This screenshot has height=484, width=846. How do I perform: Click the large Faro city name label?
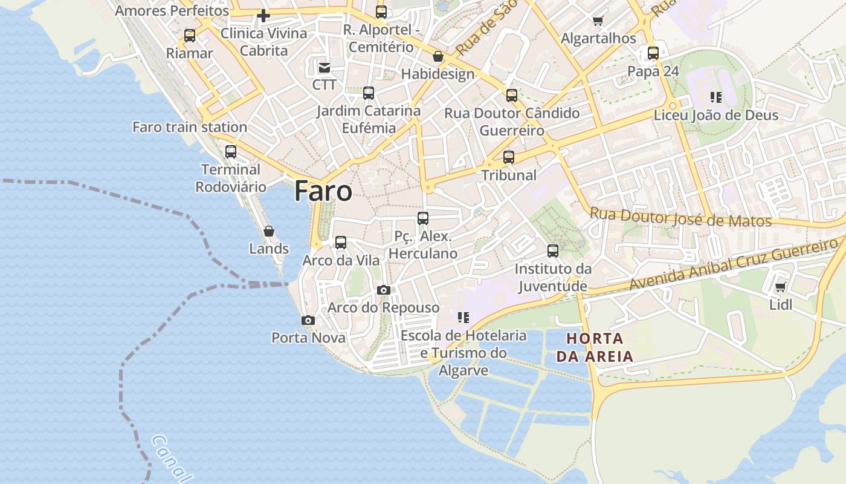pyautogui.click(x=323, y=191)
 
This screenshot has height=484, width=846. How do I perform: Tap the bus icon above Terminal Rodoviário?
pyautogui.click(x=231, y=152)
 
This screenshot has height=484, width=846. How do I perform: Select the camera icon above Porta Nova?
pyautogui.click(x=308, y=320)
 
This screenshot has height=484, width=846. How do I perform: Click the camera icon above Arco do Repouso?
pyautogui.click(x=383, y=290)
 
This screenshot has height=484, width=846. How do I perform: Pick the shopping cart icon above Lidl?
pyautogui.click(x=780, y=287)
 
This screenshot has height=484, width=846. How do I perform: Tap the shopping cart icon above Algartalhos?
pyautogui.click(x=598, y=21)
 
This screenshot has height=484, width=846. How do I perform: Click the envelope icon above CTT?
pyautogui.click(x=325, y=67)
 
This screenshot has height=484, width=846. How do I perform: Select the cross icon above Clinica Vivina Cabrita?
pyautogui.click(x=263, y=16)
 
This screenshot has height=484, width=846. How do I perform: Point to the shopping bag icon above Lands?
pyautogui.click(x=269, y=231)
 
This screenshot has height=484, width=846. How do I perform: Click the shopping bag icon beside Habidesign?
pyautogui.click(x=438, y=56)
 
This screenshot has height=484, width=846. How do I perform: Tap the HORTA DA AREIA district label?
pyautogui.click(x=595, y=347)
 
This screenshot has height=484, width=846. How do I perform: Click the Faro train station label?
pyautogui.click(x=190, y=127)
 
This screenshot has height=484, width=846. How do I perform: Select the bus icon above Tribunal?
pyautogui.click(x=509, y=157)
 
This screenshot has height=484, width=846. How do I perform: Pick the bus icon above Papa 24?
pyautogui.click(x=653, y=53)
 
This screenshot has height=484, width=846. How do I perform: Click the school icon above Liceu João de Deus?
pyautogui.click(x=716, y=97)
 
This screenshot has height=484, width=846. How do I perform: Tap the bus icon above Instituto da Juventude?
pyautogui.click(x=553, y=251)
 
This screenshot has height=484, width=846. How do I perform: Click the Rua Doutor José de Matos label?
pyautogui.click(x=680, y=218)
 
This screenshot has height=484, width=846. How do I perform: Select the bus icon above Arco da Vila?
pyautogui.click(x=341, y=243)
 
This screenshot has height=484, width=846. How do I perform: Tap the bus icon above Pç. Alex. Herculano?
pyautogui.click(x=423, y=218)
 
